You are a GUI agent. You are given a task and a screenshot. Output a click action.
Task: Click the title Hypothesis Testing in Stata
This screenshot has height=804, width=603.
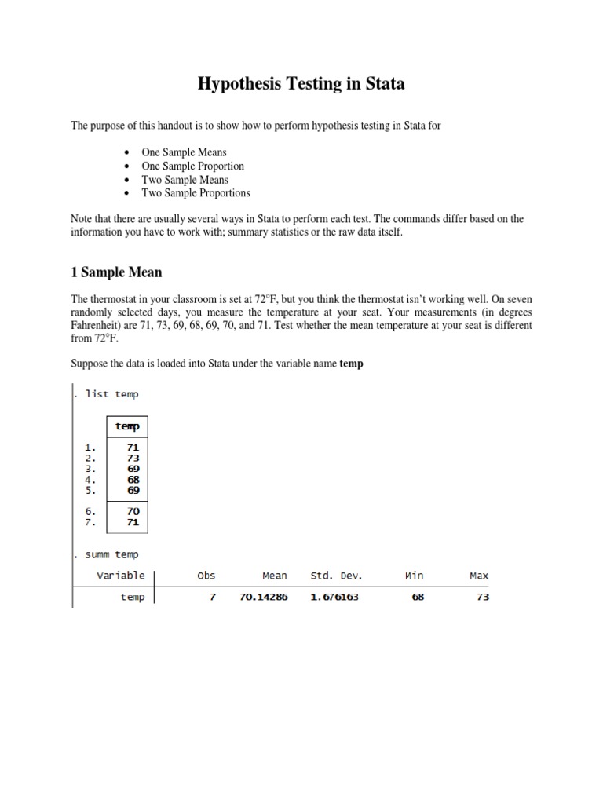click(x=301, y=83)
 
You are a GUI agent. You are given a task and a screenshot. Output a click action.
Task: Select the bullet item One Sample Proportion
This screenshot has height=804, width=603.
click(x=192, y=166)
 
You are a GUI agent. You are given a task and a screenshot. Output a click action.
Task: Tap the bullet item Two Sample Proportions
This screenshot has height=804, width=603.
click(x=196, y=192)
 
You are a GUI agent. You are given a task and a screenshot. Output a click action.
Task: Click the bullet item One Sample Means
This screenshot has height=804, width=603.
click(x=184, y=152)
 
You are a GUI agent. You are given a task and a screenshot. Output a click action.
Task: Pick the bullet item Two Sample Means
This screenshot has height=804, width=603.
click(x=185, y=179)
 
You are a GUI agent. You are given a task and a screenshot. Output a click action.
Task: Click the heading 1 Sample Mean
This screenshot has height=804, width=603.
click(x=116, y=272)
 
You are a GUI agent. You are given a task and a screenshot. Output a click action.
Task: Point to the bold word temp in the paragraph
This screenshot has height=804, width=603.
click(x=351, y=364)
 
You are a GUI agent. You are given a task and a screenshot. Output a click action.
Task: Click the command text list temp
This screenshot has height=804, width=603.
click(x=111, y=394)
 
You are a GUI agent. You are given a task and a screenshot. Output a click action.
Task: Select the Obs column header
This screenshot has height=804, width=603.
click(x=206, y=576)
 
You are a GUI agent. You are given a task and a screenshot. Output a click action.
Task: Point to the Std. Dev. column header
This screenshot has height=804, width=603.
click(x=336, y=576)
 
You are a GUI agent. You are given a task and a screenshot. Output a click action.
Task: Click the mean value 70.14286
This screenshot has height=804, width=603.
click(x=263, y=597)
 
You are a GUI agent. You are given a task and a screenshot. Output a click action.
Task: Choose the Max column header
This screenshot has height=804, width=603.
click(x=479, y=576)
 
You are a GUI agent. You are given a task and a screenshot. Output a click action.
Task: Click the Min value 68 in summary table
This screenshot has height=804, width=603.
click(x=418, y=597)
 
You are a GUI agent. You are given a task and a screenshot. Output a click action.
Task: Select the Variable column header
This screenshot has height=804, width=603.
click(x=121, y=576)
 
